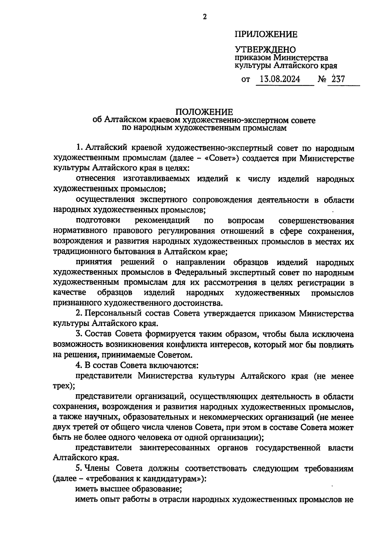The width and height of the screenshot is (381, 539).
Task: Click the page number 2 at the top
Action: tap(204, 17)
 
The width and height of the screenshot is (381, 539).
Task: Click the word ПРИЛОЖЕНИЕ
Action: tap(266, 34)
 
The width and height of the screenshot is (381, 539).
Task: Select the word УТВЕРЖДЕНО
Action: tap(265, 50)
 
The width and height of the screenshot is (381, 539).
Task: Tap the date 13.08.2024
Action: tap(280, 79)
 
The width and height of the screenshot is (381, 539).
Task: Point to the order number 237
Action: tap(338, 79)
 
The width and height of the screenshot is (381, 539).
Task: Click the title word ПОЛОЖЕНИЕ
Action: tap(204, 112)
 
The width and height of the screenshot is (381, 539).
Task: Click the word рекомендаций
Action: tap(162, 220)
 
